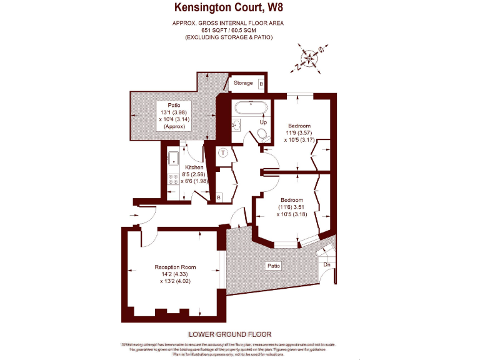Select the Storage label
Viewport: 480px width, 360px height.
coord(243,83)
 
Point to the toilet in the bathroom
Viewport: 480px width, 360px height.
coord(262,133)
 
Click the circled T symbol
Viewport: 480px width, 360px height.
coord(224,152)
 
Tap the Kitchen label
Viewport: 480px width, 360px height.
coord(193,167)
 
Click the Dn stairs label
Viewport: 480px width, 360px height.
coord(327,265)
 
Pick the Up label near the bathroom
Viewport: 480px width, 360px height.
coord(254,122)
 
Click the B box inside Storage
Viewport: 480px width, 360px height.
coord(261,83)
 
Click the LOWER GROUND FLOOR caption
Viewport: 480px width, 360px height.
coord(229,334)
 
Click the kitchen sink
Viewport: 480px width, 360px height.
coord(174,158)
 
